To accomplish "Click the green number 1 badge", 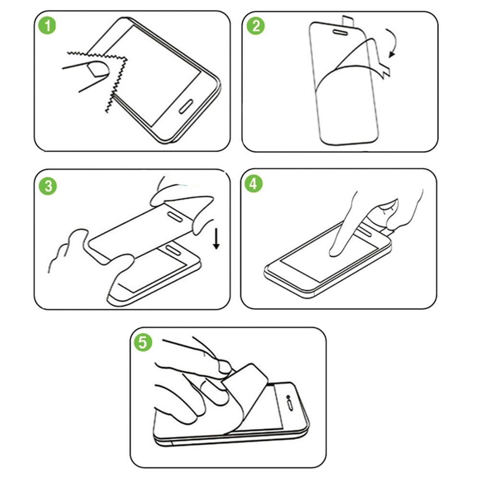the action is click(47, 25).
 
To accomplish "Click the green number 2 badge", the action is click(256, 26).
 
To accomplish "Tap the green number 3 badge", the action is click(48, 186).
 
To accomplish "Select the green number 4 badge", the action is click(253, 184).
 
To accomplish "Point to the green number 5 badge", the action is click(143, 342).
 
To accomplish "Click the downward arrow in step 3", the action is click(216, 238).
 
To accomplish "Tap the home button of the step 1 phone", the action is click(185, 106).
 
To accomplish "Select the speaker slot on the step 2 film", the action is click(340, 32).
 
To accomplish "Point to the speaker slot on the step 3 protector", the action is click(175, 216).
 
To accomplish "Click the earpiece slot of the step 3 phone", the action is click(173, 250).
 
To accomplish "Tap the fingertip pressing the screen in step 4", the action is click(335, 252).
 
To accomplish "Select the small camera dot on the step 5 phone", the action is click(288, 397).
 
